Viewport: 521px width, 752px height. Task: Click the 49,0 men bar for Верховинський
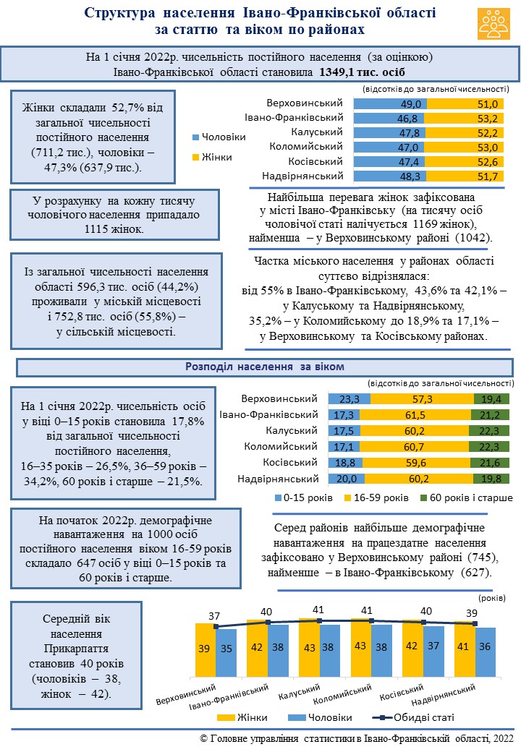pyautogui.click(x=390, y=104)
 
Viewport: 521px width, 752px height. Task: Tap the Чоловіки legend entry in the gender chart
pyautogui.click(x=219, y=137)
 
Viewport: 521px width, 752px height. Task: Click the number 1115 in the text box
pyautogui.click(x=97, y=228)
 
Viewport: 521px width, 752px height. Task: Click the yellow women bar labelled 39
pyautogui.click(x=205, y=649)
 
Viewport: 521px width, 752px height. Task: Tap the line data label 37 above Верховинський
pyautogui.click(x=214, y=616)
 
